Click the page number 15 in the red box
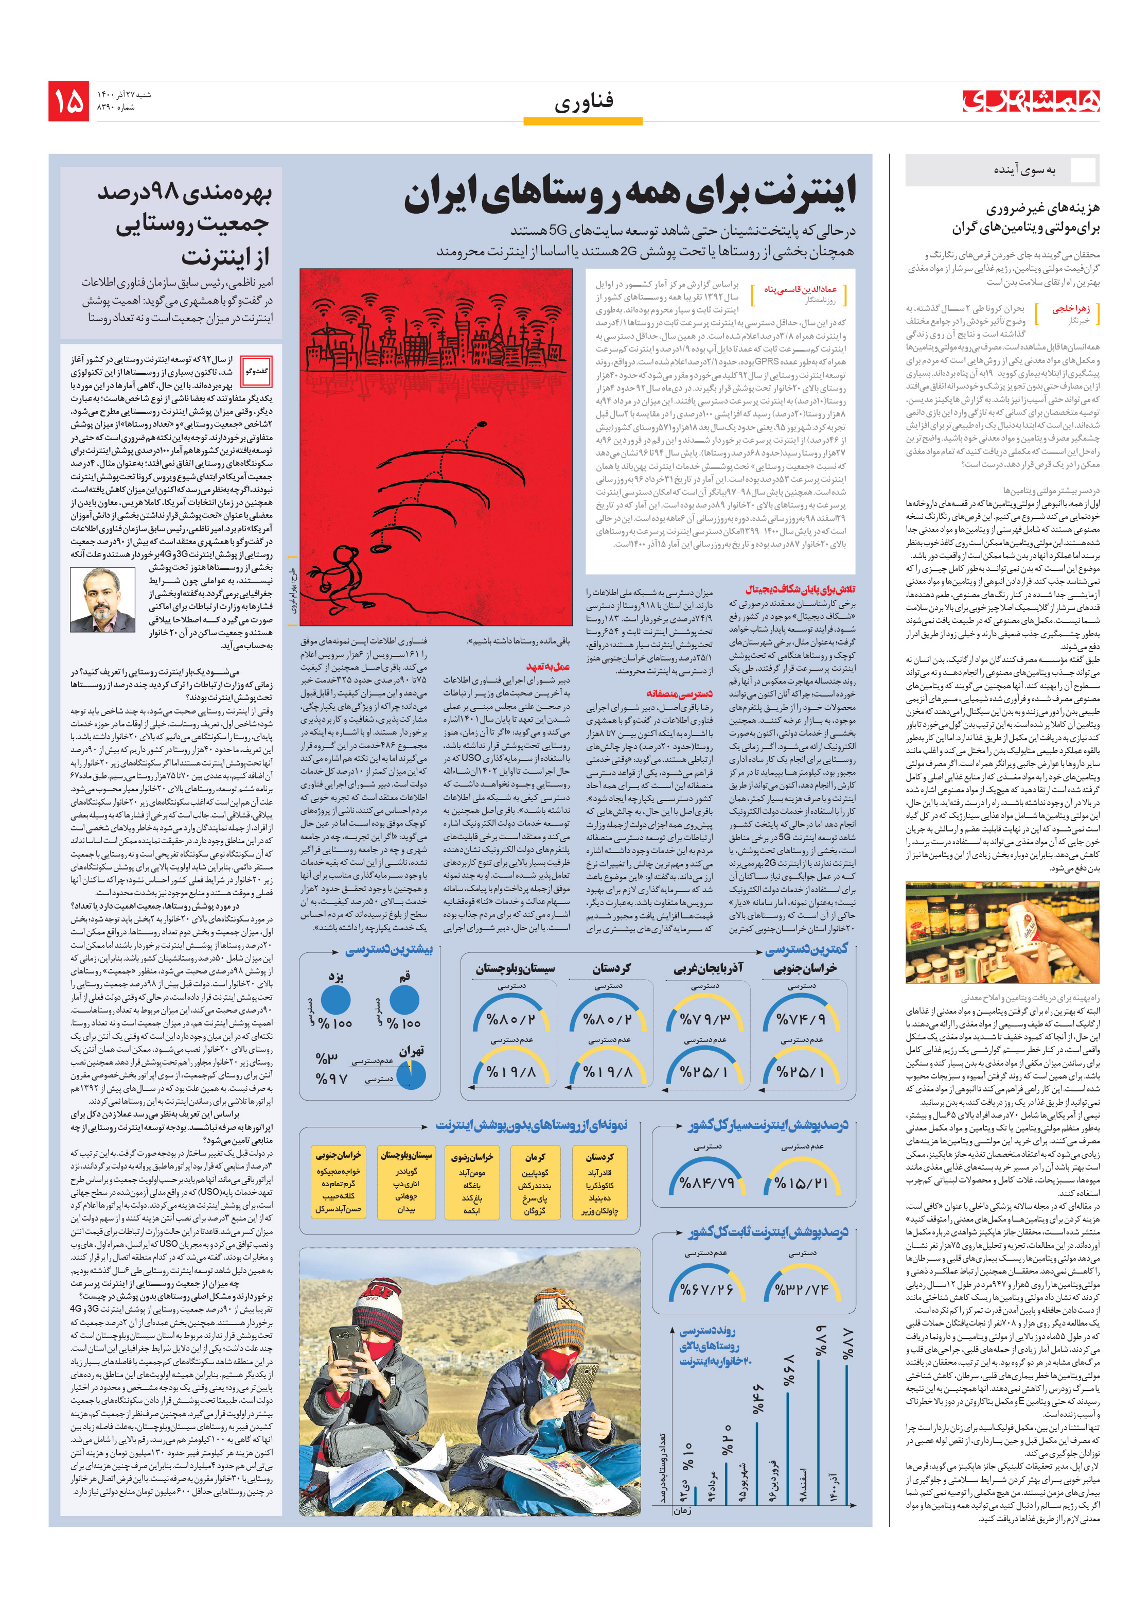click(68, 101)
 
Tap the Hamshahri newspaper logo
click(1031, 101)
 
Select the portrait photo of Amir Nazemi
click(102, 600)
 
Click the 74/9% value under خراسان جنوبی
click(801, 1019)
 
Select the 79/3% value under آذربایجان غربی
click(704, 1019)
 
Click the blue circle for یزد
click(335, 999)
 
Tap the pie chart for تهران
click(411, 1074)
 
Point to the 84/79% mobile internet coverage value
click(706, 1183)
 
